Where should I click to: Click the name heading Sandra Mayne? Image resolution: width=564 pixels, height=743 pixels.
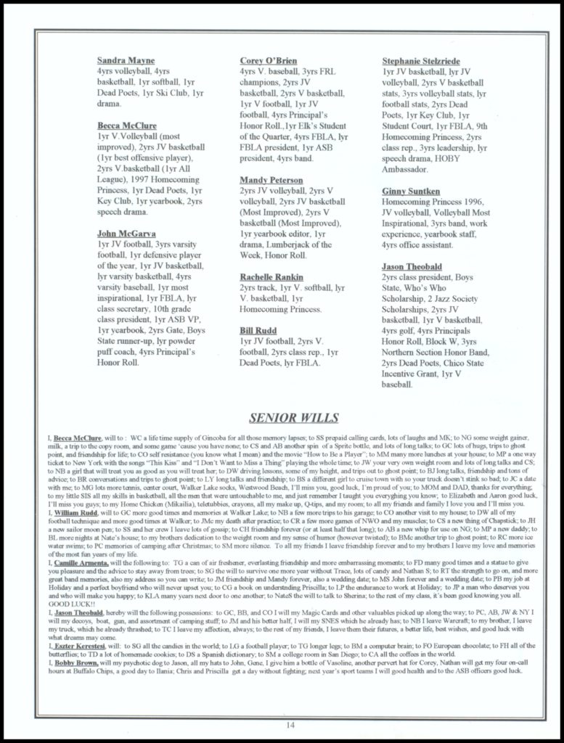point(125,60)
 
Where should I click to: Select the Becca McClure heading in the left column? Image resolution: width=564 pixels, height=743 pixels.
point(127,126)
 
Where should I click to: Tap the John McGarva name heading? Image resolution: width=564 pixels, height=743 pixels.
point(126,234)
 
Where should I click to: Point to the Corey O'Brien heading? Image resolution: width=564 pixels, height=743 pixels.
point(268,60)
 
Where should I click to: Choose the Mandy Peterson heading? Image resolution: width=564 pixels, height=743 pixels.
point(271,179)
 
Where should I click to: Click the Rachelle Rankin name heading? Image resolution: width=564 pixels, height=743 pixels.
point(271,277)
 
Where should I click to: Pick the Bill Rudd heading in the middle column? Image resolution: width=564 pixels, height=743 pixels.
point(258,331)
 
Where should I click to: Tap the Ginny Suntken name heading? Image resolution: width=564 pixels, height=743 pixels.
point(411,191)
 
